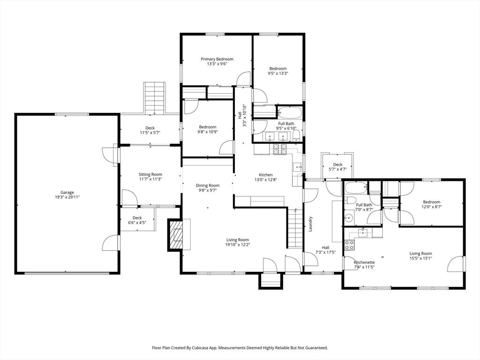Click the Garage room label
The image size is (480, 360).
[x=67, y=193]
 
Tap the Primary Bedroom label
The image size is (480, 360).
[x=217, y=59]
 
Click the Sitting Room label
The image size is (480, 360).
[x=150, y=174]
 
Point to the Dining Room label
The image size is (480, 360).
[x=208, y=186]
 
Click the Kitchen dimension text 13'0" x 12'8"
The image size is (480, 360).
[x=265, y=180]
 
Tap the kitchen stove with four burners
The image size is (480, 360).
[x=280, y=150]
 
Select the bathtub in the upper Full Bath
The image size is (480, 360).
[x=290, y=112]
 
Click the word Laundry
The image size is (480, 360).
[x=310, y=224]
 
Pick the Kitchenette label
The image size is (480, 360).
[x=364, y=262]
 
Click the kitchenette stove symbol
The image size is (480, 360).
[x=349, y=245]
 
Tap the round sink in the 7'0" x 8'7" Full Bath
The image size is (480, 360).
[x=348, y=218]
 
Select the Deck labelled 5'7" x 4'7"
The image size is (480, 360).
[x=337, y=167]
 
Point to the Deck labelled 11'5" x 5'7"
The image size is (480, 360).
[x=150, y=130]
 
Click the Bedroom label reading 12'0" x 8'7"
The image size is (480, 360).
[x=432, y=204]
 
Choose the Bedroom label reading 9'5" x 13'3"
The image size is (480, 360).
[x=278, y=71]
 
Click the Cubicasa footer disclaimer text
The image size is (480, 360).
[x=240, y=348]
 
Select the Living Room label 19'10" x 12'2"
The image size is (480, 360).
[x=238, y=242]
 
